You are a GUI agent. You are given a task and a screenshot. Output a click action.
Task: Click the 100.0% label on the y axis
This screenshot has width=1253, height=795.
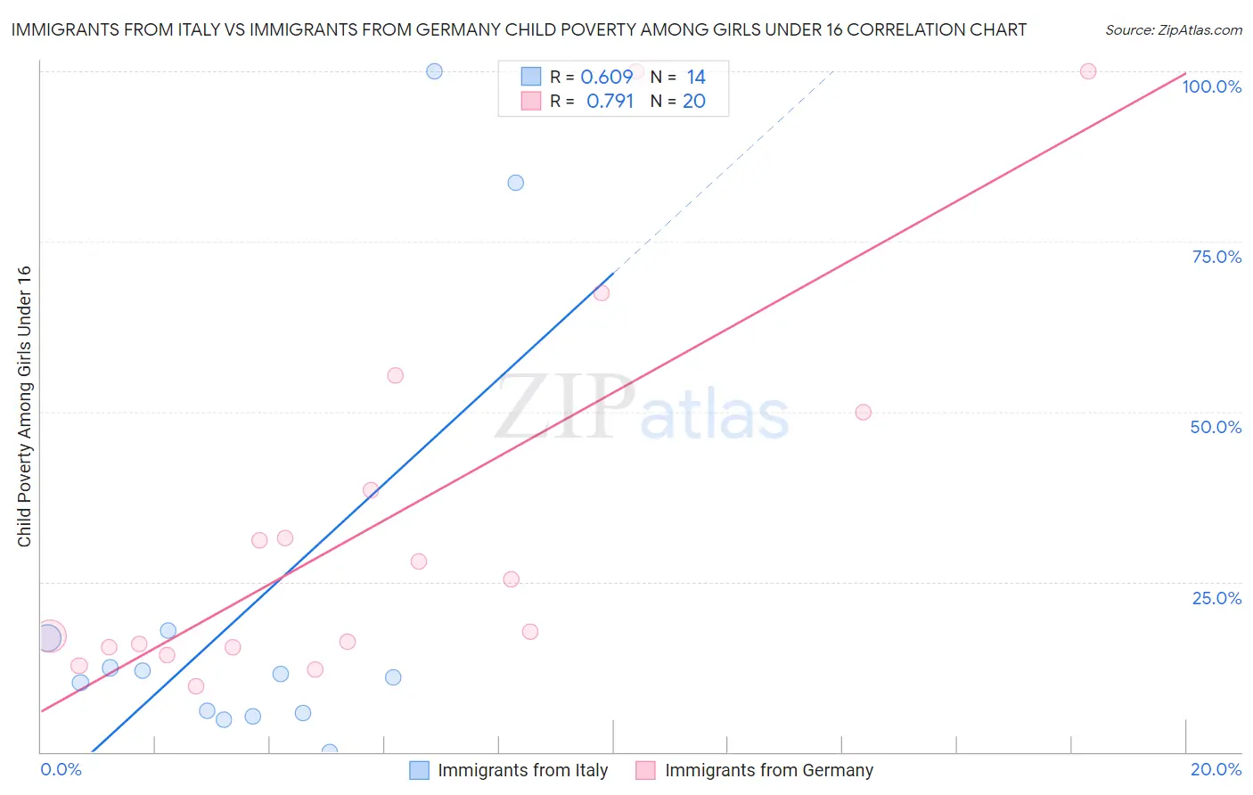coord(1211,86)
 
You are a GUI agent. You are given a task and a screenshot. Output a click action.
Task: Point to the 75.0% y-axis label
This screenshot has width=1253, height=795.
coord(1216,257)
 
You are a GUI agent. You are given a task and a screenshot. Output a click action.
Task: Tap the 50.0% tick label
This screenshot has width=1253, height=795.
coord(1216,427)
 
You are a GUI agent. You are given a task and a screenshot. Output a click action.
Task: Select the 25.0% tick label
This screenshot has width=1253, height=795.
coord(1216,597)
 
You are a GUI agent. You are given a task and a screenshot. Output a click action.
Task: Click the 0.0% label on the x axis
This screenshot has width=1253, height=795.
coord(61,769)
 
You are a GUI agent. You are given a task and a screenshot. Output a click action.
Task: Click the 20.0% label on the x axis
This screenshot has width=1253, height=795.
coord(1216,769)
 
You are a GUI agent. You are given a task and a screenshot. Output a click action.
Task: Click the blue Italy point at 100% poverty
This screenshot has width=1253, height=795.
coord(434,71)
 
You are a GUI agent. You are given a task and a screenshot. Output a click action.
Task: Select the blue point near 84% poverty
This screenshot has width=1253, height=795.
coord(515,183)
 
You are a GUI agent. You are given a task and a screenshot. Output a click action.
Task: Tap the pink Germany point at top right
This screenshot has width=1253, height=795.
coord(1087,71)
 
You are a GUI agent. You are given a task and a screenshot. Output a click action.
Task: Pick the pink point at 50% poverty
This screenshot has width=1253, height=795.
coord(863,412)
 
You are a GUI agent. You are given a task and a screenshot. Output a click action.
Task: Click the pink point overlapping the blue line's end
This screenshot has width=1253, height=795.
coord(602,292)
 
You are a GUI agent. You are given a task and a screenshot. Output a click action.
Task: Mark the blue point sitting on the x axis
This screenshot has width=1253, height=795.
coord(330,751)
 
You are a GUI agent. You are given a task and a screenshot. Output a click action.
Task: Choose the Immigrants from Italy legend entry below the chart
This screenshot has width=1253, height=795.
coord(509,770)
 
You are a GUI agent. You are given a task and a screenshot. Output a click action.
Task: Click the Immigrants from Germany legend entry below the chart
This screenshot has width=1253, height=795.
coord(755,770)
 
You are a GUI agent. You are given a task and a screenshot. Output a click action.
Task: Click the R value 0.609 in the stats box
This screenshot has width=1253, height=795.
coord(606,77)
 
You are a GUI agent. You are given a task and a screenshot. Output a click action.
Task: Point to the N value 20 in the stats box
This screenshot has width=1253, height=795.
coord(693,101)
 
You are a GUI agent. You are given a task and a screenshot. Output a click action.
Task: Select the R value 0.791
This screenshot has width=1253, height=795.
coord(610,101)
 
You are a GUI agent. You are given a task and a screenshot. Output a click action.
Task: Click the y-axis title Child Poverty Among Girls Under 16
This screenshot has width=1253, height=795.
coord(24,406)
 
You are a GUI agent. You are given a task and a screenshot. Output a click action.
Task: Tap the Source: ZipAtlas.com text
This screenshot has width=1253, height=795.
coord(1173,29)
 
